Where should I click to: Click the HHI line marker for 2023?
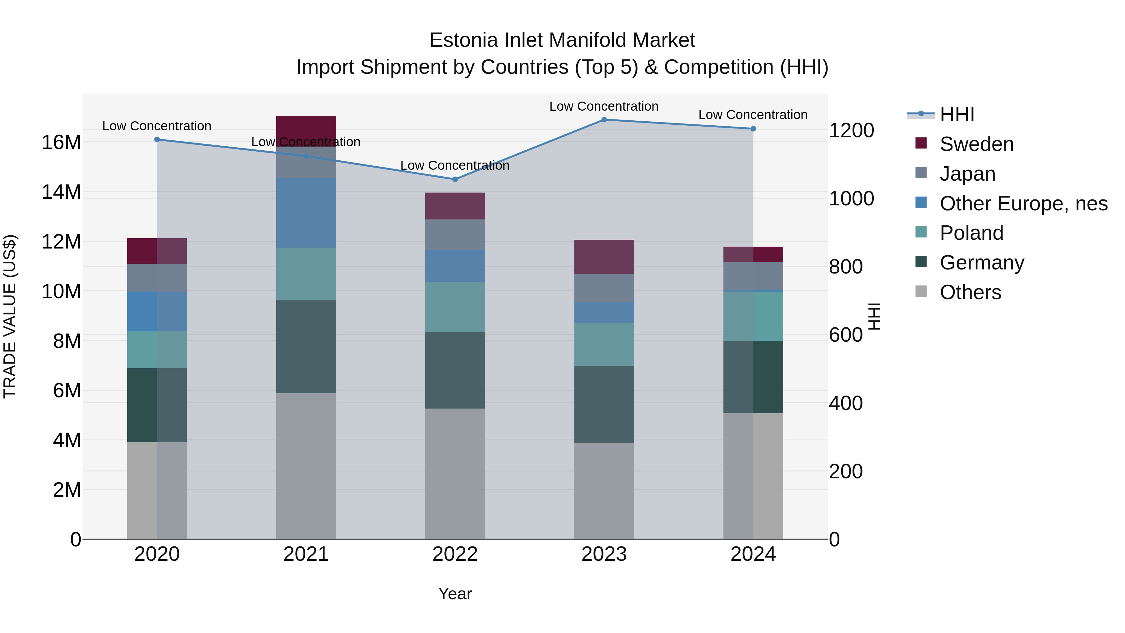click(x=604, y=120)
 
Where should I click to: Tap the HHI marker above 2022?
click(x=455, y=179)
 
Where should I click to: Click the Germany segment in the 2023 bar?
click(x=604, y=404)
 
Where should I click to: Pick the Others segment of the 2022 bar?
click(x=455, y=474)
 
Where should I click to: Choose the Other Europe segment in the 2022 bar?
click(x=455, y=266)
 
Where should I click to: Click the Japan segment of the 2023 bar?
click(x=604, y=288)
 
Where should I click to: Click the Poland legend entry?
click(x=971, y=233)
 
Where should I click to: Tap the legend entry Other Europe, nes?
click(x=1023, y=203)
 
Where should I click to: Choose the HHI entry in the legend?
click(x=957, y=114)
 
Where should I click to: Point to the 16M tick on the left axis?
click(x=61, y=143)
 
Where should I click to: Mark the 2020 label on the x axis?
click(x=157, y=554)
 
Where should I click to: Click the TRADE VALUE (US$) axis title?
click(x=10, y=316)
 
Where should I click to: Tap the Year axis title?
click(x=455, y=594)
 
